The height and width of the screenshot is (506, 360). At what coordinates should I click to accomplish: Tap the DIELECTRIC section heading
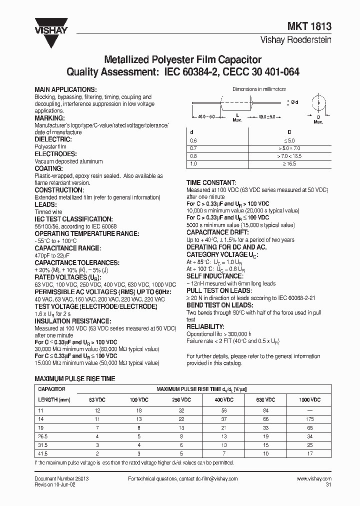(x=53, y=139)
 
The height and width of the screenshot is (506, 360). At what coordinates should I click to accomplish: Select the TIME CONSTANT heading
(x=211, y=183)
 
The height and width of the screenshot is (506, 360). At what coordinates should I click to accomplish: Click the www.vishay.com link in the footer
(x=314, y=478)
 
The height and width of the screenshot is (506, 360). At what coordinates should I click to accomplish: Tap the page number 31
(x=328, y=484)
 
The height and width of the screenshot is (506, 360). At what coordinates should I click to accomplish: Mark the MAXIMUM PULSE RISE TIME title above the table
(x=74, y=378)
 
